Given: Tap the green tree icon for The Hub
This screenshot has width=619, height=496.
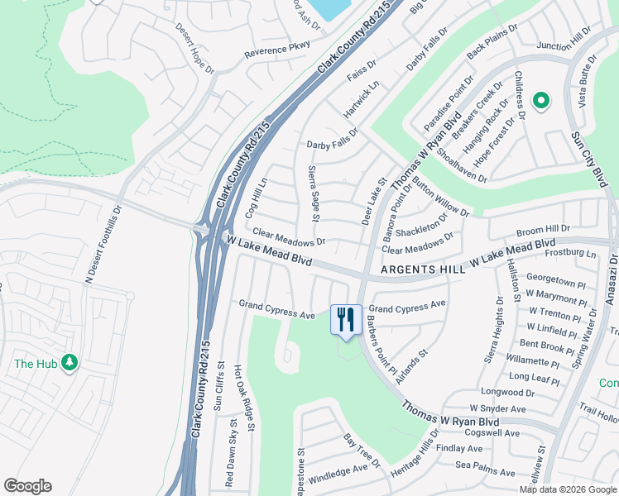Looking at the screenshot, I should pyautogui.click(x=70, y=363).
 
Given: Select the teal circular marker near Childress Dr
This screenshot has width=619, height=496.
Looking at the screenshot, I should pyautogui.click(x=541, y=101).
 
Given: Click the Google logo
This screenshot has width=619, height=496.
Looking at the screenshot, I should pyautogui.click(x=27, y=486).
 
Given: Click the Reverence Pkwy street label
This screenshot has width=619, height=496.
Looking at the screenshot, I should pyautogui.click(x=277, y=50).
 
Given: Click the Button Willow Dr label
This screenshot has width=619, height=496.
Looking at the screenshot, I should pyautogui.click(x=440, y=199).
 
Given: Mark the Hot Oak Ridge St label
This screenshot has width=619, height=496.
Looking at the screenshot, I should pyautogui.click(x=240, y=397).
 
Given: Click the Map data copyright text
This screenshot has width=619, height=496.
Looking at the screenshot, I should pyautogui.click(x=567, y=489).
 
